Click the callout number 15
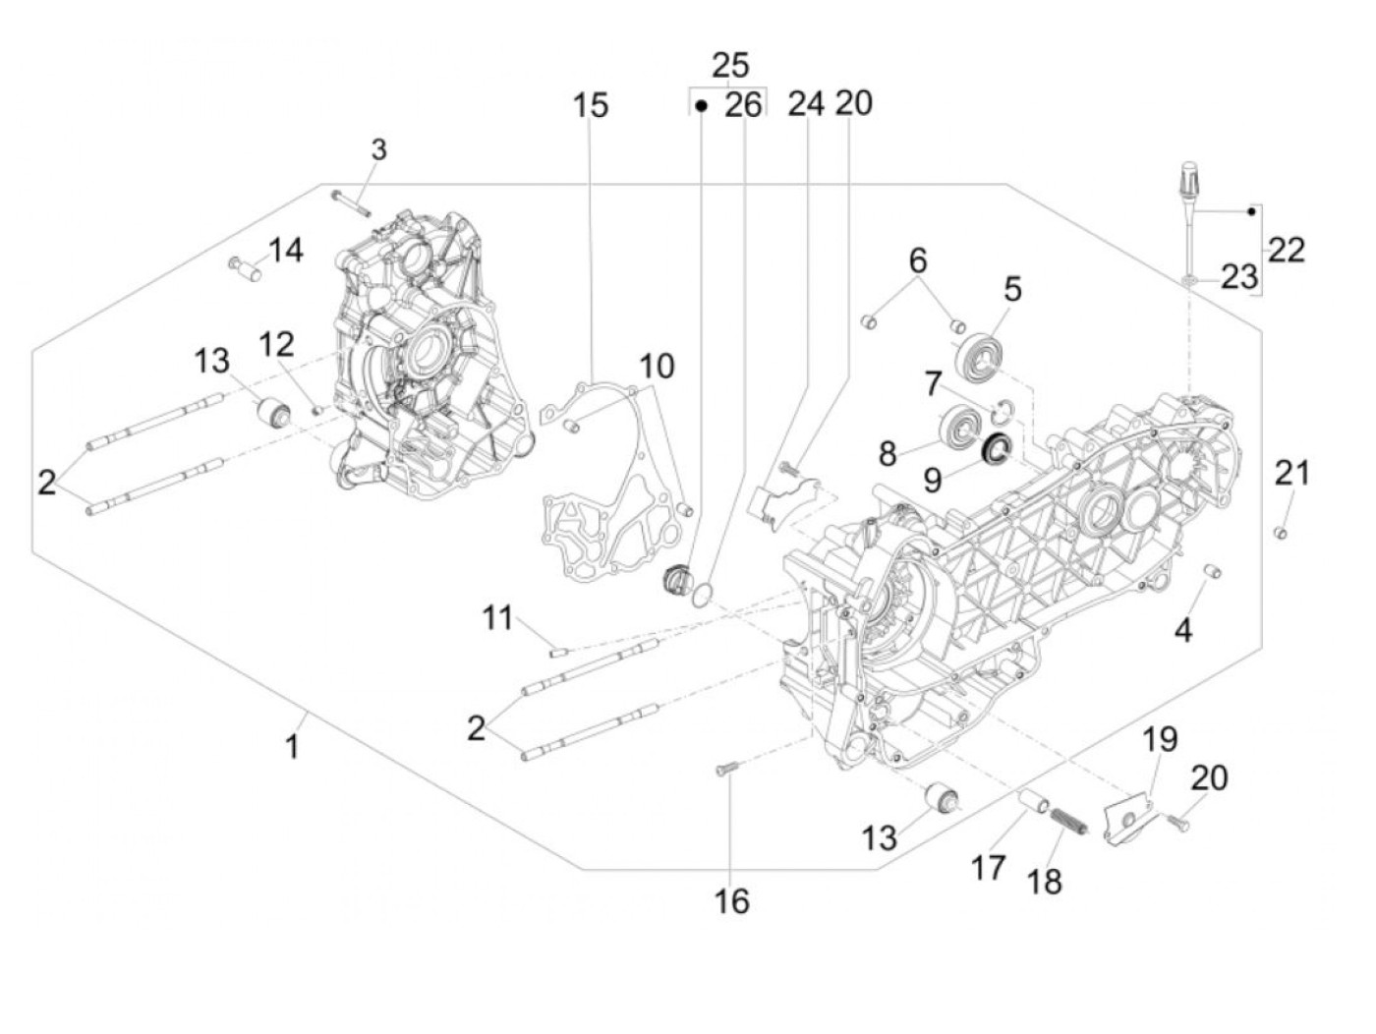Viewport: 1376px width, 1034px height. coord(591,105)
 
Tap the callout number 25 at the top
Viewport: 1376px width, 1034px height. coord(730,65)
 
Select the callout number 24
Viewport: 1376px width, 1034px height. coord(806,103)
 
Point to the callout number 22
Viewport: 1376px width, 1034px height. coord(1287,250)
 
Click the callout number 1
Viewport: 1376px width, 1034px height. coord(292,747)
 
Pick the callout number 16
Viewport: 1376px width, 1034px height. coord(731,902)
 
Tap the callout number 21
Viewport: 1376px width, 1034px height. coord(1292,473)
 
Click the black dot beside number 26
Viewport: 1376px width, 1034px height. coord(702,106)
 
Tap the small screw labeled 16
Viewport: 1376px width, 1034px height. coord(728,768)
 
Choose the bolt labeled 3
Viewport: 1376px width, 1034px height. coord(351,203)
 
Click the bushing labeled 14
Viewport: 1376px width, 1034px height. coord(246,269)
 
